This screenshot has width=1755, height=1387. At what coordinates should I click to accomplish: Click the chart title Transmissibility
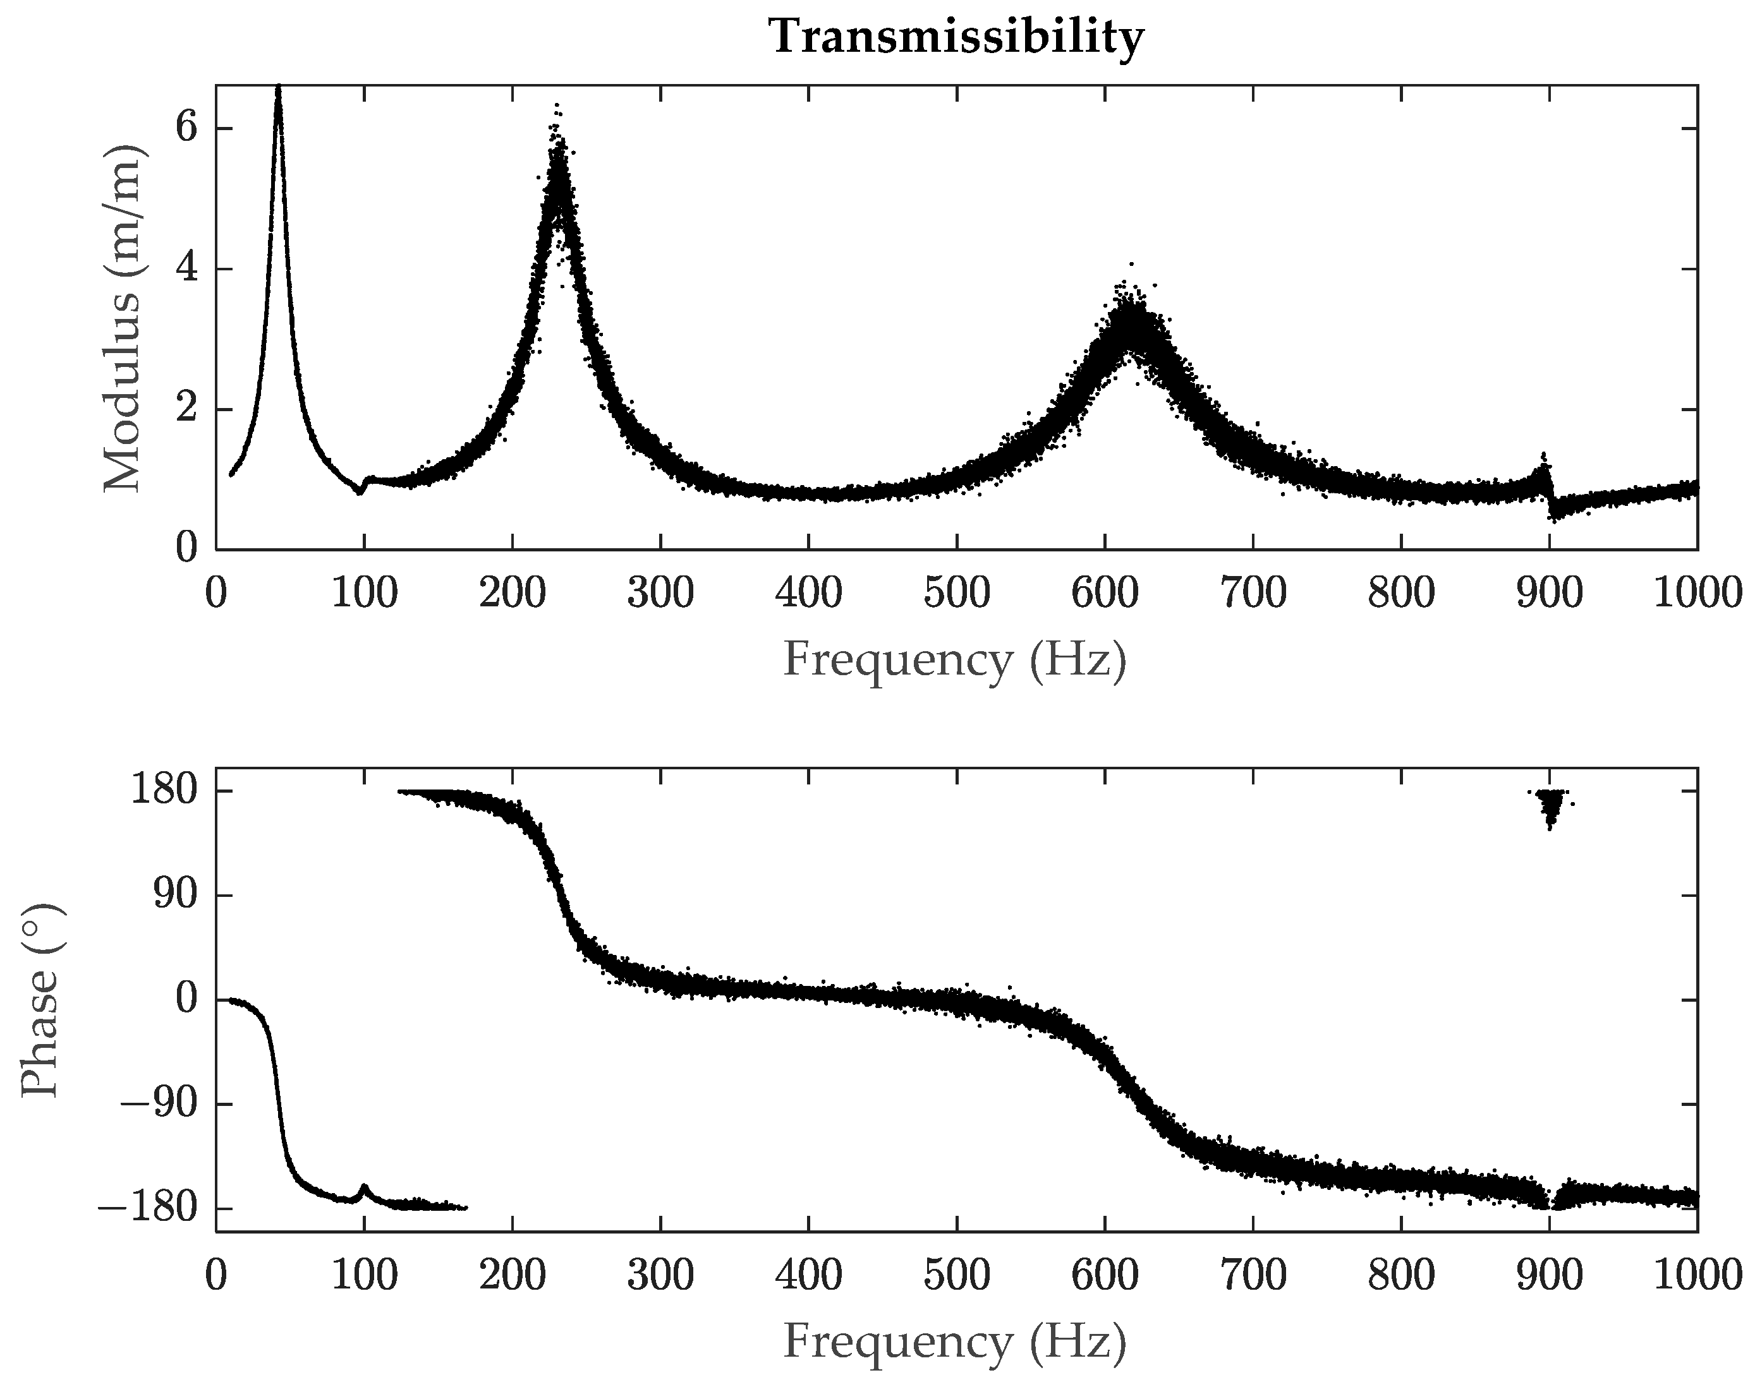(956, 37)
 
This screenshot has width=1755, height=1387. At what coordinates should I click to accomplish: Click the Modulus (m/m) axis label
(123, 318)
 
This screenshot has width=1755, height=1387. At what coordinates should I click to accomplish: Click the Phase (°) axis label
(40, 1000)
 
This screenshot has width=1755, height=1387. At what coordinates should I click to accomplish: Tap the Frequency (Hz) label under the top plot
(955, 659)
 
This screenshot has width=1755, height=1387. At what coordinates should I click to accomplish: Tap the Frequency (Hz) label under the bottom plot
(955, 1342)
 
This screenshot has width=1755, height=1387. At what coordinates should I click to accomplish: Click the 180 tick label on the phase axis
(164, 790)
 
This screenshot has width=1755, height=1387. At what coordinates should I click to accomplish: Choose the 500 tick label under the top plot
(956, 594)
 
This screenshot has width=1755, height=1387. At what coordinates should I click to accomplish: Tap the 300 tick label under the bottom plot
(660, 1276)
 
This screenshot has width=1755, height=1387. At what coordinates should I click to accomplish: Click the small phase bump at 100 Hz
(364, 1188)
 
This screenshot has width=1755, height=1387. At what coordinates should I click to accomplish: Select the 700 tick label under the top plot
(1253, 594)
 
